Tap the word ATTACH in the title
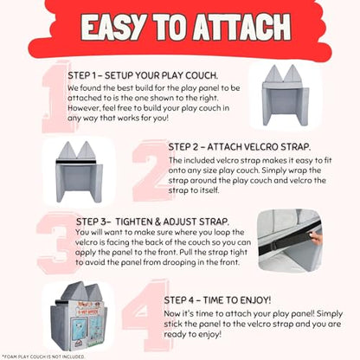(241, 27)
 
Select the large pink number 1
(56, 97)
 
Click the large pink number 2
(151, 170)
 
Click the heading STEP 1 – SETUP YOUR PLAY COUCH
(143, 75)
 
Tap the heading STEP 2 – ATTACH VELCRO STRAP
(240, 147)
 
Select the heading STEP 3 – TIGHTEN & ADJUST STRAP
(152, 222)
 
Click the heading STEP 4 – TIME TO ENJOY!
(217, 300)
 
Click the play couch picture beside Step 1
(286, 95)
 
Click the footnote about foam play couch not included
(43, 357)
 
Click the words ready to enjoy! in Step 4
(193, 334)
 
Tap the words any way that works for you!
(118, 118)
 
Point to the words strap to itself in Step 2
(194, 190)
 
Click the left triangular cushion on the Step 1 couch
(273, 74)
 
